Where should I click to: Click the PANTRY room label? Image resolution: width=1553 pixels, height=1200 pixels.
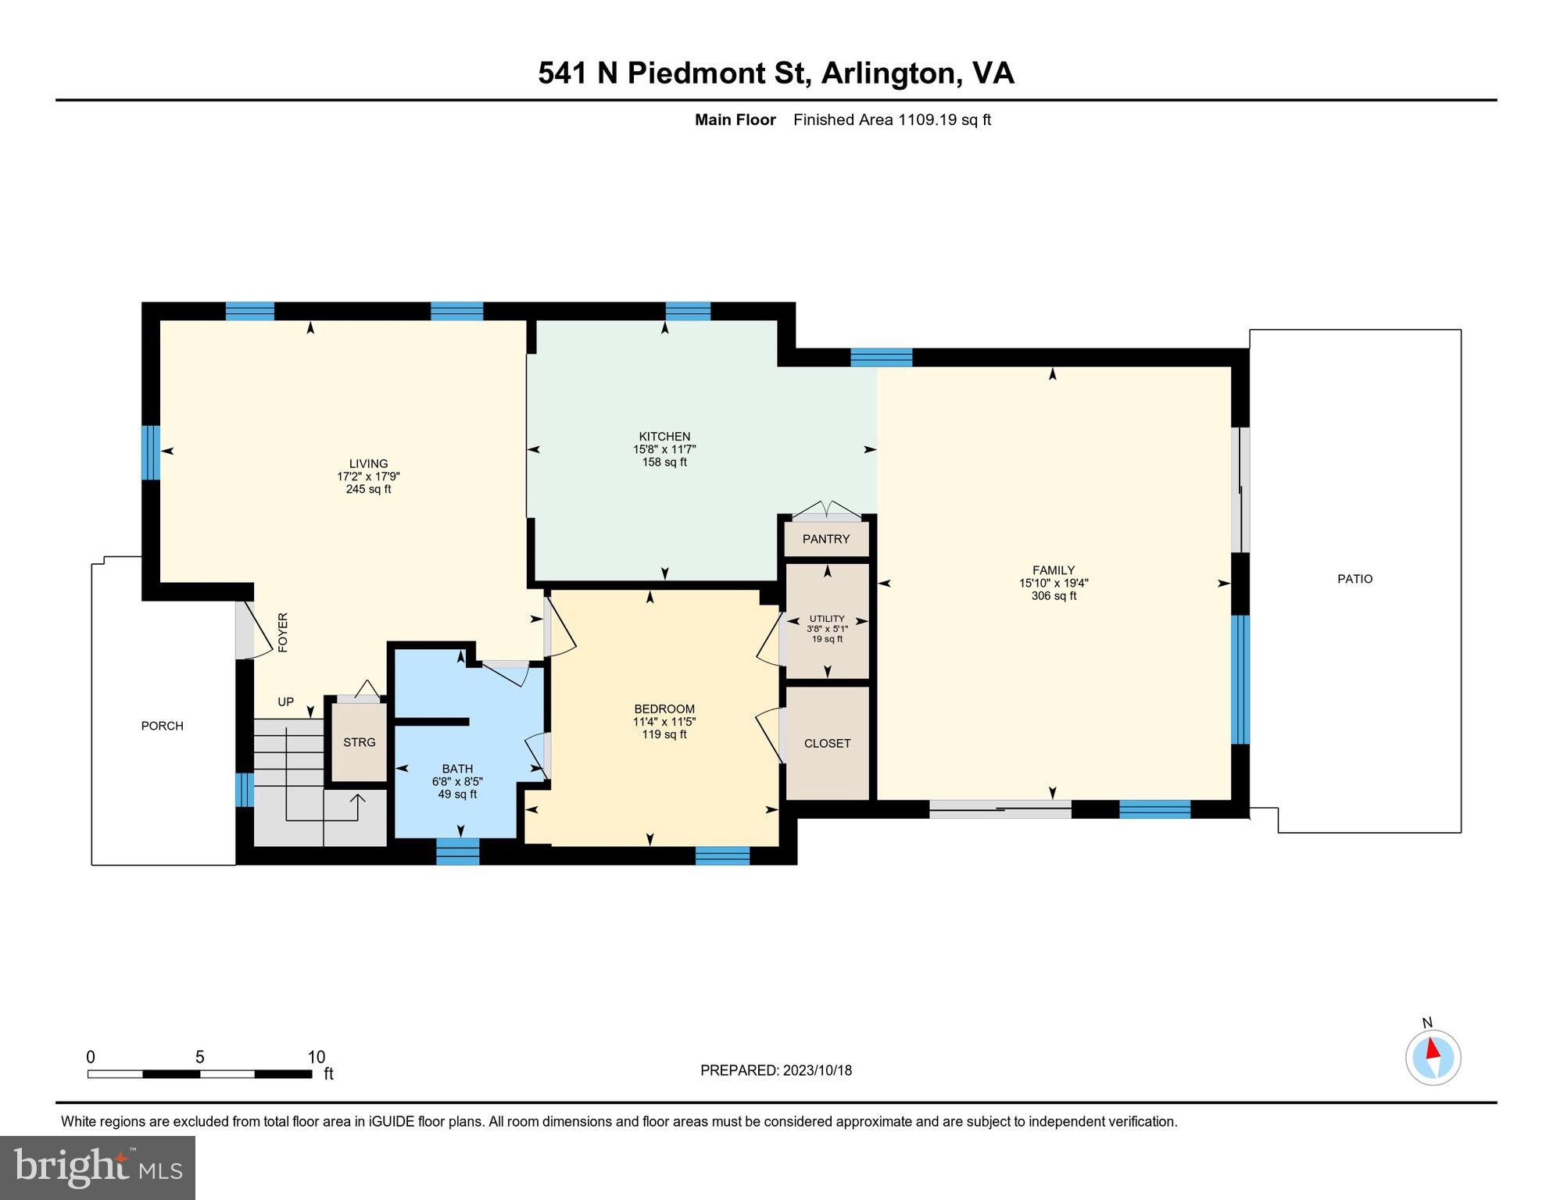[x=825, y=539]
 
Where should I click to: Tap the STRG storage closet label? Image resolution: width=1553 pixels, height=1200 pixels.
[x=359, y=742]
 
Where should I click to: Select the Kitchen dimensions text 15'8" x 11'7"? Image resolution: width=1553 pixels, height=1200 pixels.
[x=664, y=449]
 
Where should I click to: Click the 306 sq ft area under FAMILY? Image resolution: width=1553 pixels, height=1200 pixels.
[x=1053, y=596]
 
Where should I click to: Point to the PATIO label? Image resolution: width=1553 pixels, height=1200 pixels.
[x=1354, y=579]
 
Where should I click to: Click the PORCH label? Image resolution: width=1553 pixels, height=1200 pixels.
[x=163, y=726]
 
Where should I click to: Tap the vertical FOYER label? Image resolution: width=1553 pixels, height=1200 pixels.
[x=283, y=632]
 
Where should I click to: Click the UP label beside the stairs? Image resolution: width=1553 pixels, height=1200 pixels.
[x=286, y=702]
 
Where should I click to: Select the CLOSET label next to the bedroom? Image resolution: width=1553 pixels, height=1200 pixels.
[x=827, y=743]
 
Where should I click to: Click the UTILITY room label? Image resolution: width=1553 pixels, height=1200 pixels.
[x=827, y=618]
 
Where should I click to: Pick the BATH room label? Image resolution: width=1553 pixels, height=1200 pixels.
[x=457, y=769]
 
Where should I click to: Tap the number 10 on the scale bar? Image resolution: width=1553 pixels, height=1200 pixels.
[x=317, y=1057]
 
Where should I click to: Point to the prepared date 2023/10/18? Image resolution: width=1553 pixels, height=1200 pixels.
[x=815, y=1070]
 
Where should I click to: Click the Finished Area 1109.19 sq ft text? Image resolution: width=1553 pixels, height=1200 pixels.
[x=892, y=120]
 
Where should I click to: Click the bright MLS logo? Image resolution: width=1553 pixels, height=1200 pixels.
[x=98, y=1167]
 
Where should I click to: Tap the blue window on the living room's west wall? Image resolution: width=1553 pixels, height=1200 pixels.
[x=151, y=452]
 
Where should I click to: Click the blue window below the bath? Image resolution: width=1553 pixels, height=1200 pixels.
[x=457, y=852]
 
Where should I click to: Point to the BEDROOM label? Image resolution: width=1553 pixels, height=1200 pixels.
[x=664, y=709]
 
